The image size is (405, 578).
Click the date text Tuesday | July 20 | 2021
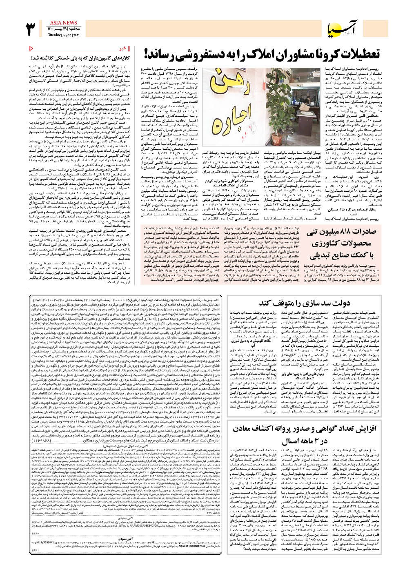pyautogui.click(x=63, y=35)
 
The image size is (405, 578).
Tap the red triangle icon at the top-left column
pyautogui.click(x=31, y=49)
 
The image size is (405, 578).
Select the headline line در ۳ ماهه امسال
pyautogui.click(x=304, y=441)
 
